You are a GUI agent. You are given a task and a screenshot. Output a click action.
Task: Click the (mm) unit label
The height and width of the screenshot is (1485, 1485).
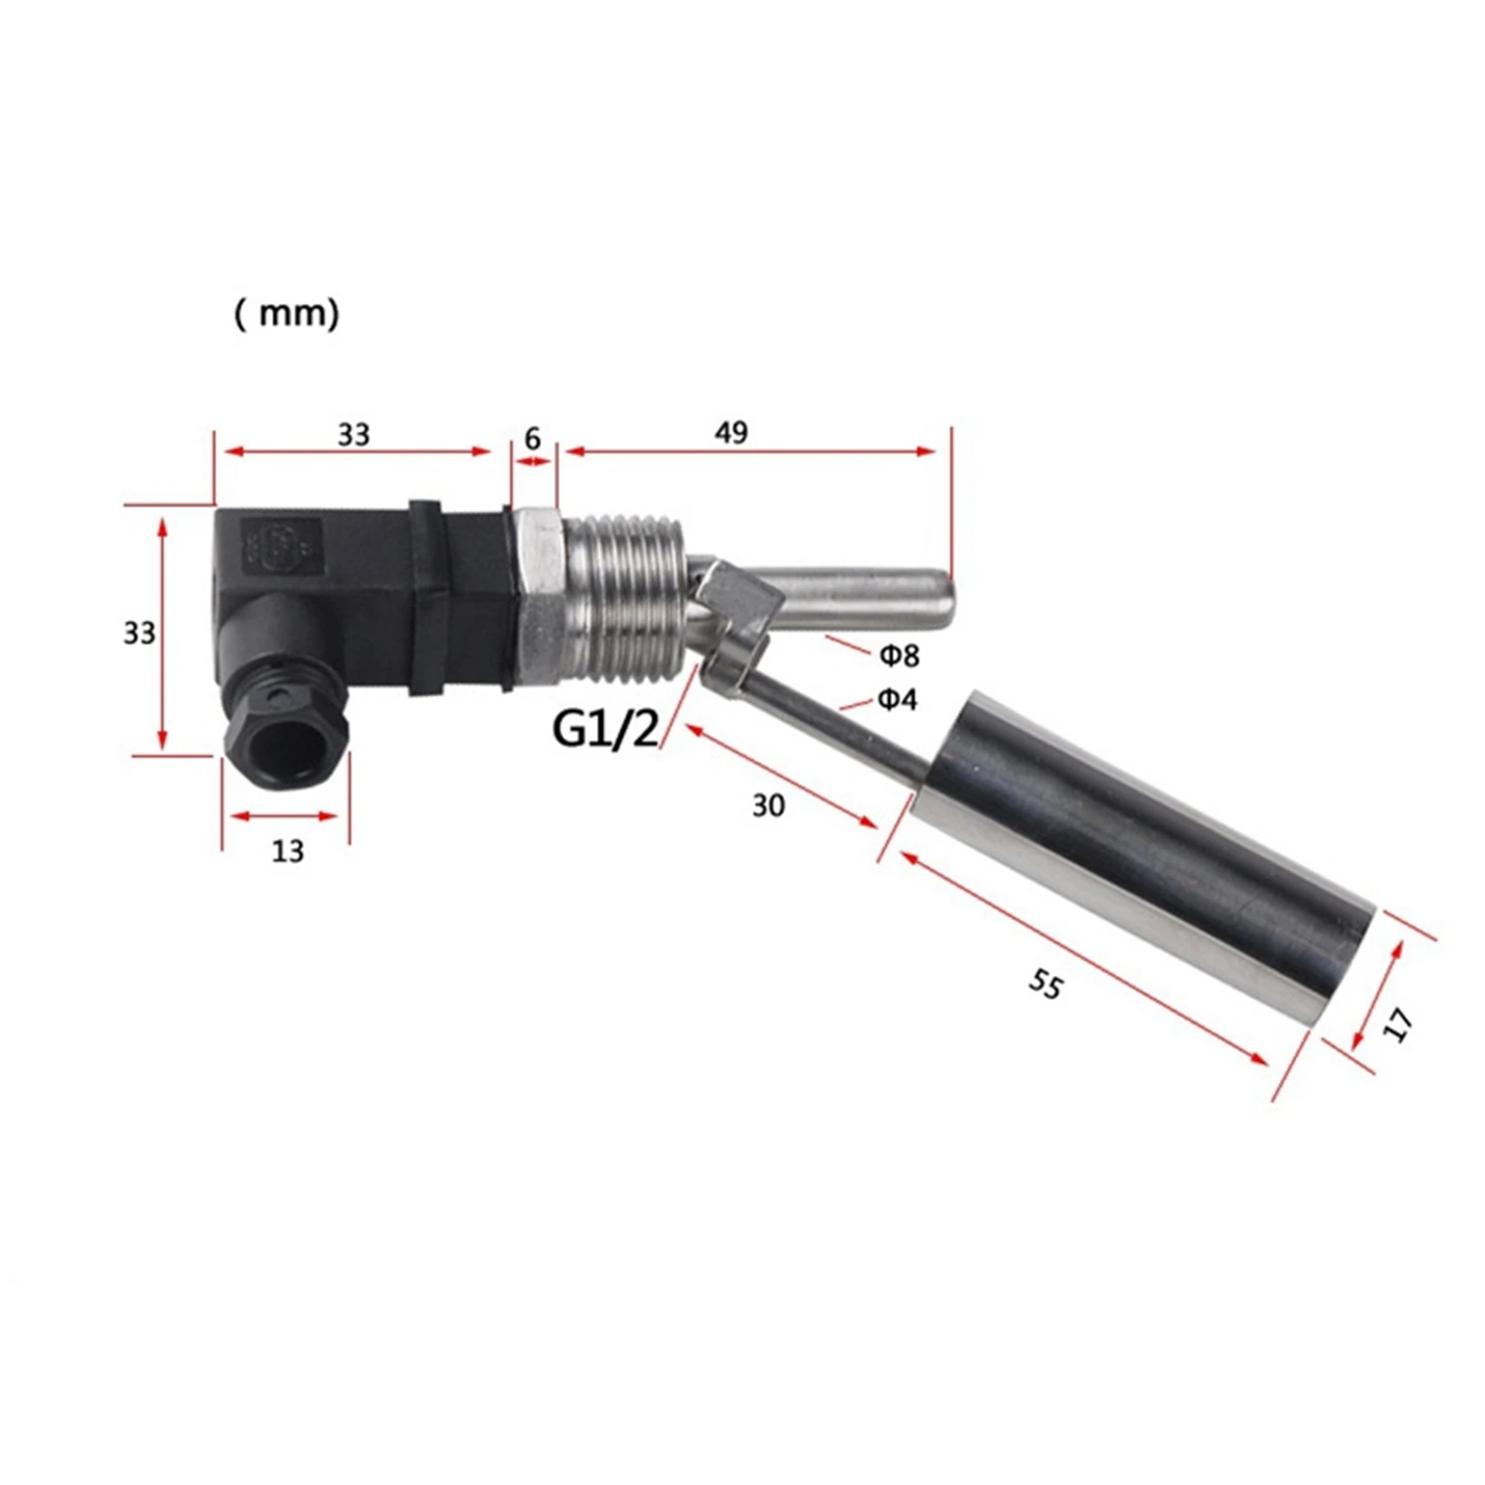(287, 314)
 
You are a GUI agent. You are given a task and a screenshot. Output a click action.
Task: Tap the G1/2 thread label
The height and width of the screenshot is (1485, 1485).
(605, 729)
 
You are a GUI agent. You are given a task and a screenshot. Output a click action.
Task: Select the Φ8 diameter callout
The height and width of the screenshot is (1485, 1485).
(899, 654)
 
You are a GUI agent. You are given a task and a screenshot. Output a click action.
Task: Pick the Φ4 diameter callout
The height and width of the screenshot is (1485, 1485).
(897, 699)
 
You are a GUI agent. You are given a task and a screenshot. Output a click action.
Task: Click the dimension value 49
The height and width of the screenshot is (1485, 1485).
(731, 432)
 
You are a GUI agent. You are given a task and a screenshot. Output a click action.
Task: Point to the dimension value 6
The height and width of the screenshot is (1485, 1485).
(533, 438)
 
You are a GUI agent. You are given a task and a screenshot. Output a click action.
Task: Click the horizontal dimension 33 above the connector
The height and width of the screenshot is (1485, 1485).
(354, 434)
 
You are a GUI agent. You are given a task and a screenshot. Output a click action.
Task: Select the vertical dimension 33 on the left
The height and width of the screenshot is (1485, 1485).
(139, 632)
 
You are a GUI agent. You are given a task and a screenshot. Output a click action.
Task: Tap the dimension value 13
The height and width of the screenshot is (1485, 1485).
(287, 850)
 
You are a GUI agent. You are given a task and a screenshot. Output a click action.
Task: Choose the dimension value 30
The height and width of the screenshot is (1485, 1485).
(769, 805)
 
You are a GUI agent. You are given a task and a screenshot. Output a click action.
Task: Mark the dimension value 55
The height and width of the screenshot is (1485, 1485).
(1045, 984)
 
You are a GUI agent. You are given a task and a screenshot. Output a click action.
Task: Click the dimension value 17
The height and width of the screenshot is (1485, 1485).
(1399, 1025)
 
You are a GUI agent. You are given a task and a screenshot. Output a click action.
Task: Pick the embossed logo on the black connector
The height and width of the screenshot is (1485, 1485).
(281, 547)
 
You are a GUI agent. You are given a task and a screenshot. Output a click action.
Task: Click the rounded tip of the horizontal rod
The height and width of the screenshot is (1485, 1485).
(942, 603)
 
